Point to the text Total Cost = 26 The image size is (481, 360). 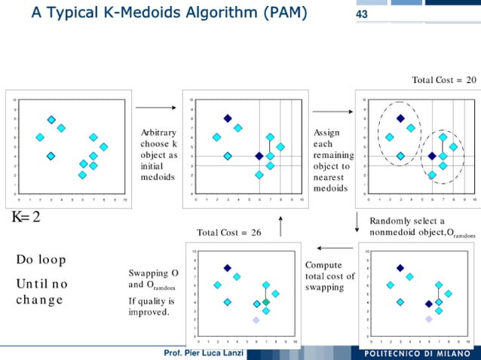click(228, 233)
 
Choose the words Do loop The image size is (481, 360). click(41, 260)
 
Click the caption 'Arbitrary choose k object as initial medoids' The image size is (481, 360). click(159, 154)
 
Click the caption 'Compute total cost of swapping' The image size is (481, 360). click(329, 276)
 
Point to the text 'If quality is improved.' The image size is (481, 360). click(152, 307)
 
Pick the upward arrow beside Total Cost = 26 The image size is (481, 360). click(280, 225)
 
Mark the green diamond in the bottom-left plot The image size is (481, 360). click(265, 302)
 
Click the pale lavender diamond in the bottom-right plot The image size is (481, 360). click(428, 319)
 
